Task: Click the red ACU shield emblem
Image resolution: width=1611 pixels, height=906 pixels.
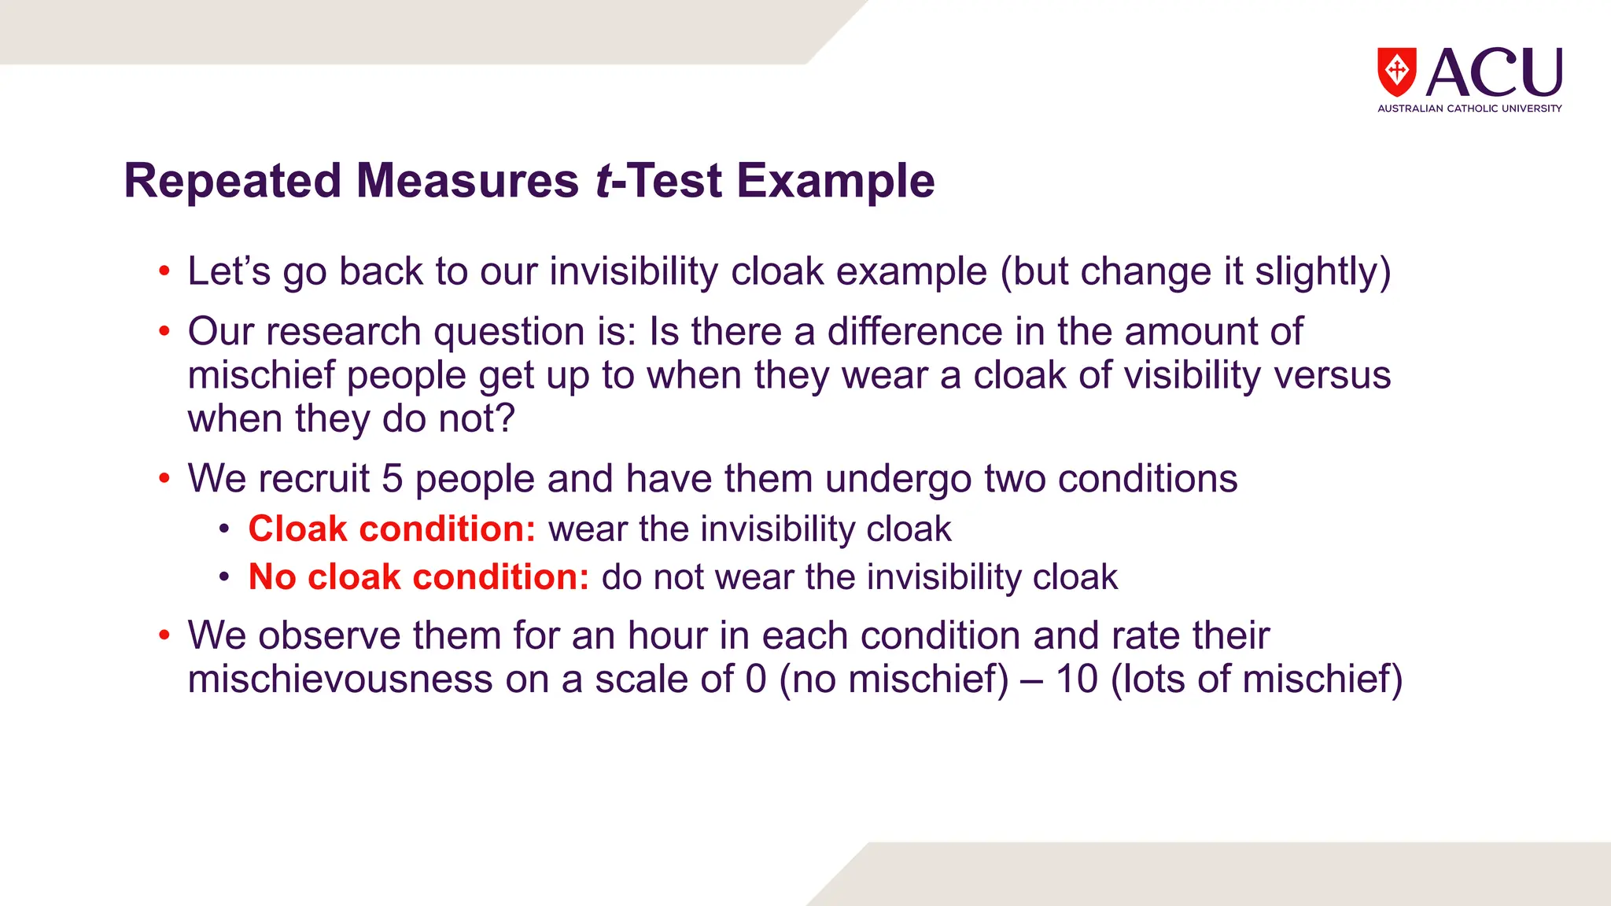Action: click(1396, 72)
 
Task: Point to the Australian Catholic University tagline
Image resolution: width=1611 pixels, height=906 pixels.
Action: click(1469, 109)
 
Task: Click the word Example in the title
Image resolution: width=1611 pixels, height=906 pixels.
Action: click(835, 181)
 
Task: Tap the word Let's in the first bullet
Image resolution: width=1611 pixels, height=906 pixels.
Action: click(229, 271)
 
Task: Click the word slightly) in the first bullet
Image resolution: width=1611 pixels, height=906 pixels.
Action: click(1322, 272)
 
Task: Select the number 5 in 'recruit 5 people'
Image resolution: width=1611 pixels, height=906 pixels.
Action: click(393, 479)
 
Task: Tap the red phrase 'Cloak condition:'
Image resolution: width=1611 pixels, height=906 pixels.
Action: click(392, 528)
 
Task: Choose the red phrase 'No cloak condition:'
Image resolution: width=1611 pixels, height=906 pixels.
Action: click(418, 577)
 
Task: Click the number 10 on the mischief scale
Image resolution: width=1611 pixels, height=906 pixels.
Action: click(1076, 679)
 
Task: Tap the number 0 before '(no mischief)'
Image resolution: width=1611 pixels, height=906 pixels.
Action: click(756, 679)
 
